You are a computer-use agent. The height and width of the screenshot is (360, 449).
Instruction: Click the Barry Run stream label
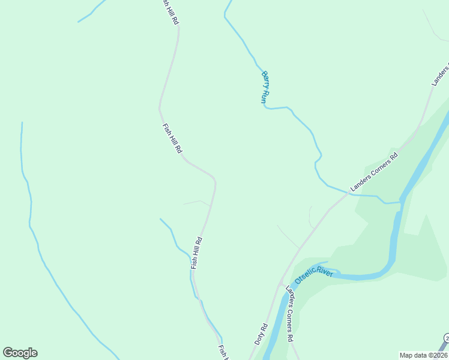(265, 88)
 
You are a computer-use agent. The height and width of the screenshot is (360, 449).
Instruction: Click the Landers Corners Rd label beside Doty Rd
(290, 314)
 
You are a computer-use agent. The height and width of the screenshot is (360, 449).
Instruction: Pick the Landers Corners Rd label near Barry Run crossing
(374, 172)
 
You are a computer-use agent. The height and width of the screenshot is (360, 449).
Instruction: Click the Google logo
(20, 353)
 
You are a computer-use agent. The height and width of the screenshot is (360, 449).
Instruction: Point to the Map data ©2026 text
(423, 355)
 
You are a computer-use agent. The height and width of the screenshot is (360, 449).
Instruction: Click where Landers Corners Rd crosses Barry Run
(348, 193)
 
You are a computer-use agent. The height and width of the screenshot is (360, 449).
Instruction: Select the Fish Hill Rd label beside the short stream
(197, 253)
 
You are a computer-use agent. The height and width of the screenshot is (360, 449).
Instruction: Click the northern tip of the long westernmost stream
(22, 123)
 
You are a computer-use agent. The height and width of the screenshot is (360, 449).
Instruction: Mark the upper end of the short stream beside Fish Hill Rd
(160, 219)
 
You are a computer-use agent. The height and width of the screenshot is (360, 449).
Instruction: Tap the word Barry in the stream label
(264, 79)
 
